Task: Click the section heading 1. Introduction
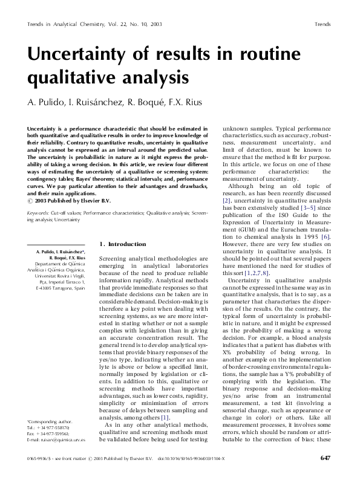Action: tap(122, 244)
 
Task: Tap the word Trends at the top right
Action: tap(322, 25)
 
